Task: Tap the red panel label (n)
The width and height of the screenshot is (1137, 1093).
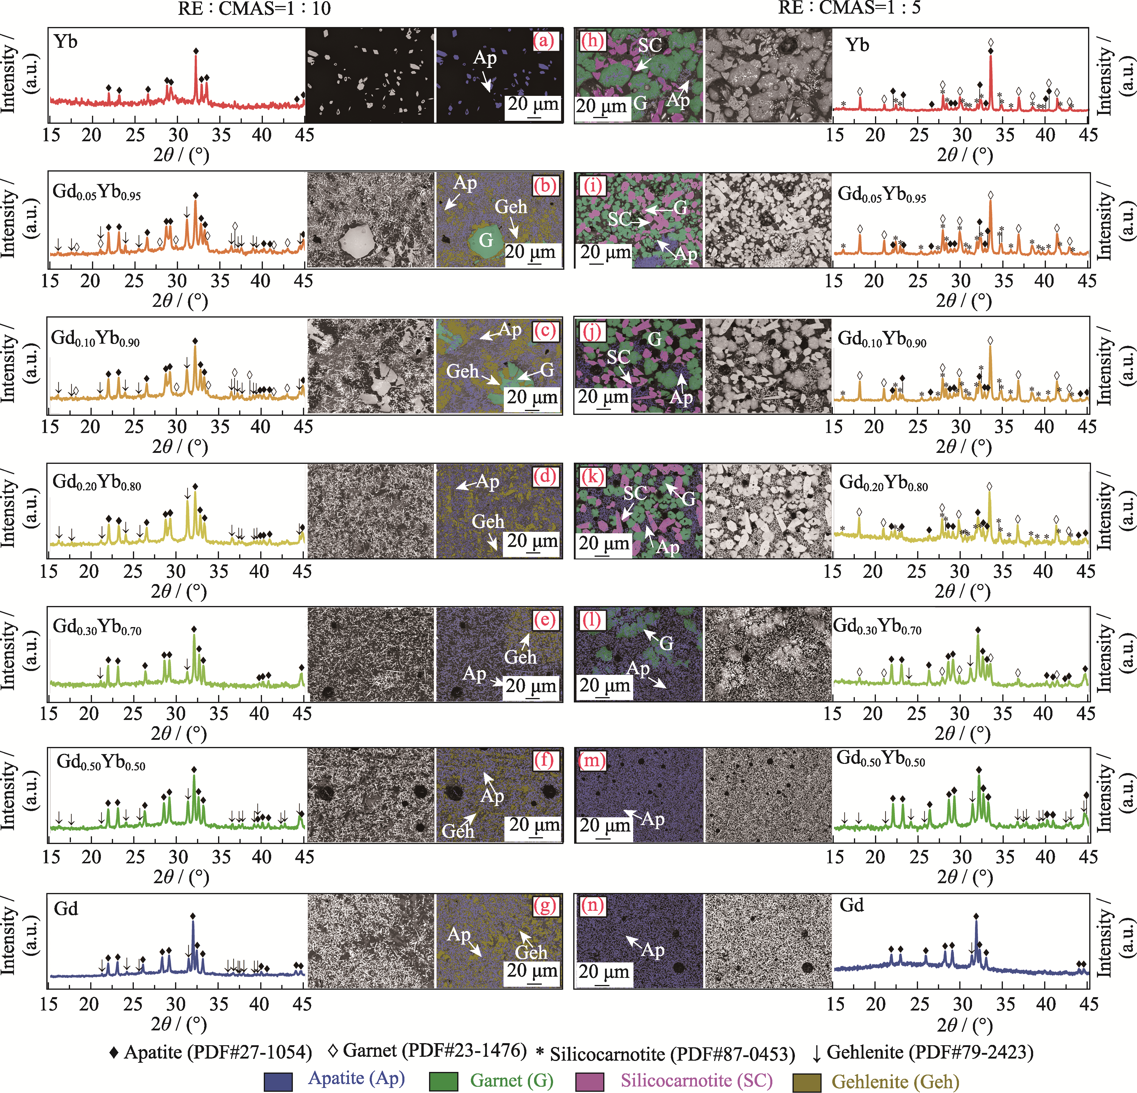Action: tap(592, 906)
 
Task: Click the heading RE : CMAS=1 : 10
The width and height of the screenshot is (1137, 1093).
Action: tap(254, 8)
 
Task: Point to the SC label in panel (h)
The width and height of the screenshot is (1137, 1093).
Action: tap(650, 45)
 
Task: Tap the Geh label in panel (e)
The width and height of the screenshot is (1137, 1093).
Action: tap(520, 657)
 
